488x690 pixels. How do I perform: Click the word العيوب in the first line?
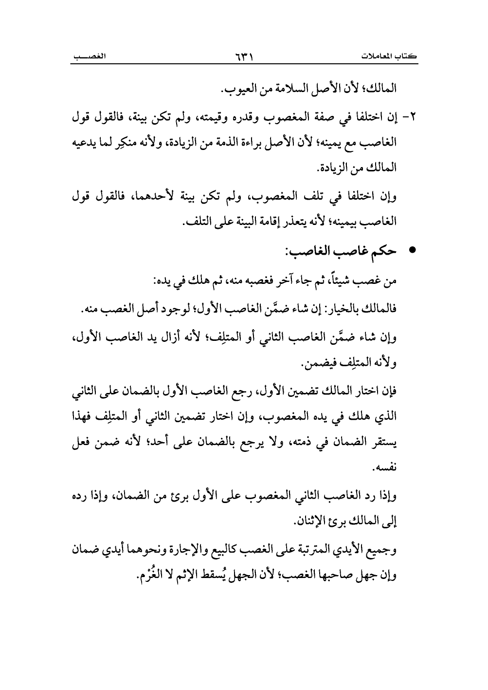pyautogui.click(x=235, y=91)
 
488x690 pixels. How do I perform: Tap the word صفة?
pyautogui.click(x=316, y=119)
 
